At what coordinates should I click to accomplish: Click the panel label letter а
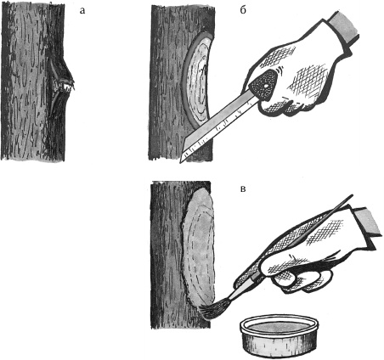coord(82,11)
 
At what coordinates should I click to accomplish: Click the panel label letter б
coord(243,9)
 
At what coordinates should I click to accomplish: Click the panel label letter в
coord(243,188)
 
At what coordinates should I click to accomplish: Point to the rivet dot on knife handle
coord(265,85)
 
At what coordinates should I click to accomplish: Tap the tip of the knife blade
coord(180,162)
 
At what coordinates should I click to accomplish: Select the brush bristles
coord(210,312)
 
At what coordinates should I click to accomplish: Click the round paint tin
coord(278,336)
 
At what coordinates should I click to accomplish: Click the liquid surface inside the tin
coord(279,329)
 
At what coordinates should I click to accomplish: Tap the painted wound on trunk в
coord(197,249)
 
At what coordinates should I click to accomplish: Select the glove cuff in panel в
coord(366,221)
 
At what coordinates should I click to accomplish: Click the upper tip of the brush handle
coord(352,195)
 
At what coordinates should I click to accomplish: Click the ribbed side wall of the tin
coord(278,346)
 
